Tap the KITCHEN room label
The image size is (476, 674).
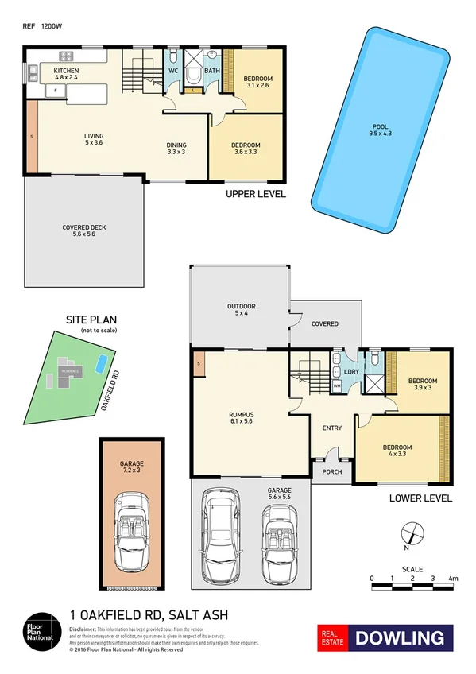67,71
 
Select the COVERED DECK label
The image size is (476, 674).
83,227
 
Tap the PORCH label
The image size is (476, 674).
331,471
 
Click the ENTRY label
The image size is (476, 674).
331,428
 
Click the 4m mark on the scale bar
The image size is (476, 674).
452,578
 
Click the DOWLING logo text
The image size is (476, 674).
404,637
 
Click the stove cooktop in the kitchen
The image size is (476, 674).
67,56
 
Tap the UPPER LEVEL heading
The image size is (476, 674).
255,194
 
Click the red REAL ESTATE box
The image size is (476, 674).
333,637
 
